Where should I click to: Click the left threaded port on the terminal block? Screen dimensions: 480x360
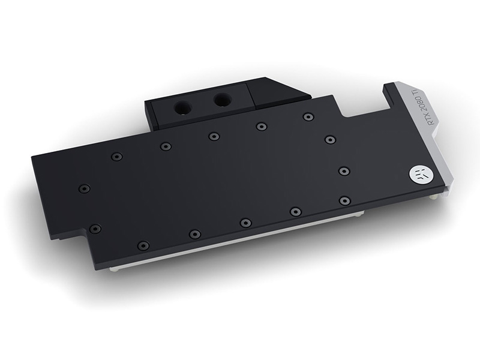pyautogui.click(x=183, y=109)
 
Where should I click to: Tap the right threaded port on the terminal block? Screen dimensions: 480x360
pyautogui.click(x=223, y=100)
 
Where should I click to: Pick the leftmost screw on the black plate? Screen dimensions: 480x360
pyautogui.click(x=83, y=188)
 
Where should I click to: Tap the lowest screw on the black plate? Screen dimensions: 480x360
pyautogui.click(x=143, y=245)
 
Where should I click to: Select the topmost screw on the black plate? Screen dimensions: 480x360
pyautogui.click(x=308, y=116)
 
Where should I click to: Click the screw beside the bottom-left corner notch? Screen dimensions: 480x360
pyautogui.click(x=95, y=229)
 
